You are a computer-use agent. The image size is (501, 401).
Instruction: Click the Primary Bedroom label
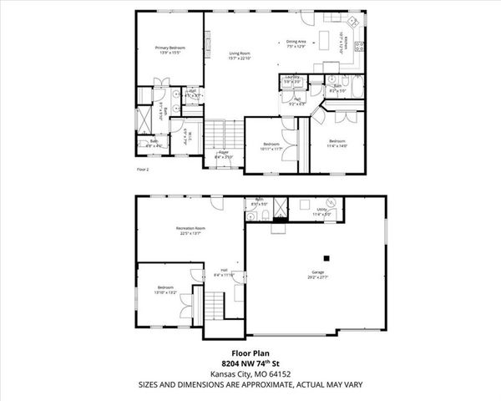click(170, 50)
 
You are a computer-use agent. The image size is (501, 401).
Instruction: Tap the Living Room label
click(240, 56)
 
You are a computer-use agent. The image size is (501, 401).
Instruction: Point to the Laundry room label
click(291, 79)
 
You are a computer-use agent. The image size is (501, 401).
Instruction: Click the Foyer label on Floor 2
click(224, 154)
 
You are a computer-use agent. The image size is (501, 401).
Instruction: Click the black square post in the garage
click(328, 256)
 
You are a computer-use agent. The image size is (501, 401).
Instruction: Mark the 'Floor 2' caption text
click(142, 170)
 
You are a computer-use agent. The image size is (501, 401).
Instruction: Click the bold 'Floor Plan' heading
click(250, 353)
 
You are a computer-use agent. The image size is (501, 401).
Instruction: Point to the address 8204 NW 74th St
click(250, 363)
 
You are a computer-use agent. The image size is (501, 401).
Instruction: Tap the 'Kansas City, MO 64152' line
click(250, 373)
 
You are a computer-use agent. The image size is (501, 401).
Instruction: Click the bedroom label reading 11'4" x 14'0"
click(337, 143)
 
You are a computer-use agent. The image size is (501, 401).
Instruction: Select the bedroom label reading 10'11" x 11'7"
click(271, 147)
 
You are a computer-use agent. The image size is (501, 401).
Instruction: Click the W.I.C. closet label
click(189, 136)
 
